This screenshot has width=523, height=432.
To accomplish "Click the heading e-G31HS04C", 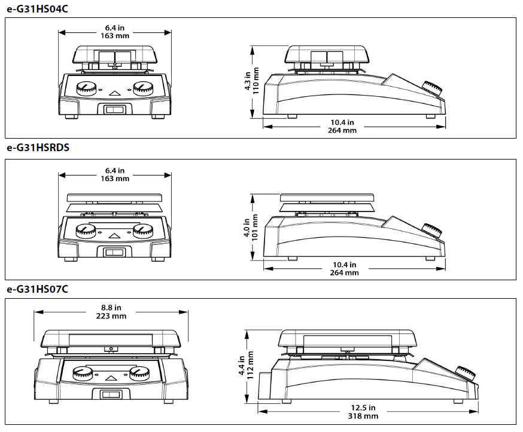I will click(x=37, y=8).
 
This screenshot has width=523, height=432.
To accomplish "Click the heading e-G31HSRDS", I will click(x=38, y=148).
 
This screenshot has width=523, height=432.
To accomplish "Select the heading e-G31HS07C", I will click(x=37, y=289).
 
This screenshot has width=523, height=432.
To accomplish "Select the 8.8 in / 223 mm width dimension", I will click(x=110, y=312).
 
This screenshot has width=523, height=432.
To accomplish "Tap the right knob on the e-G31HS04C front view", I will click(x=142, y=88).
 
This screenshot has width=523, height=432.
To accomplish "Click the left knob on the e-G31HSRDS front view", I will click(x=86, y=231).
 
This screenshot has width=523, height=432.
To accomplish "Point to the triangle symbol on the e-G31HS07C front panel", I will click(x=111, y=378).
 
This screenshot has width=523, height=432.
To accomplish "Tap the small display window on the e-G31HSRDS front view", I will click(x=114, y=252).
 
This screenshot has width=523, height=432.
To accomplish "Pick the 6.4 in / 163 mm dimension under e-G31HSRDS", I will click(x=114, y=174).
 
